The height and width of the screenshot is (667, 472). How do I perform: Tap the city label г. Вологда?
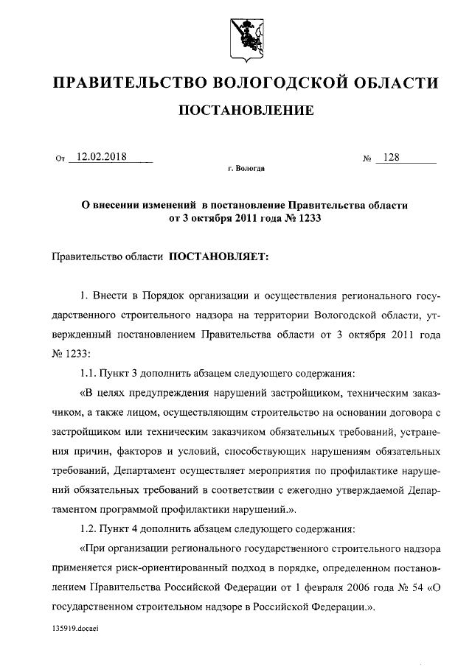[246, 168]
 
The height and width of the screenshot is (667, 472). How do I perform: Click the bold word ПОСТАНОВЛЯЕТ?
[221, 257]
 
